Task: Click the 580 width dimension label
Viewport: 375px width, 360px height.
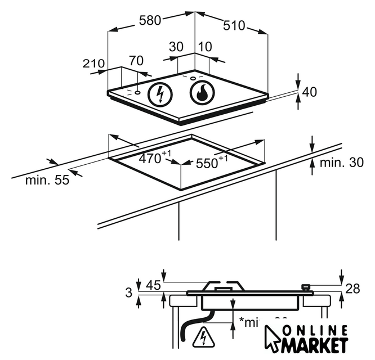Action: (150, 20)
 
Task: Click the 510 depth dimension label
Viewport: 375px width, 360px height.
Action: (234, 25)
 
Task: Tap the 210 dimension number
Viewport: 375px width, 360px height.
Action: (94, 64)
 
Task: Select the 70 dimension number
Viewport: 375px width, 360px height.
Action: (136, 60)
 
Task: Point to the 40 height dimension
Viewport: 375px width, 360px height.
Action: (310, 92)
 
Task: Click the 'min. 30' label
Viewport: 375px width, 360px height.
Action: (341, 163)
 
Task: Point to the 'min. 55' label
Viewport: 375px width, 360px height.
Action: (47, 181)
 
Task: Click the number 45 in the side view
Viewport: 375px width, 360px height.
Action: (153, 285)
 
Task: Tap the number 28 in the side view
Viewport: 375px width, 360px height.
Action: (352, 289)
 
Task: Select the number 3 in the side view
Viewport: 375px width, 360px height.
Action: (130, 292)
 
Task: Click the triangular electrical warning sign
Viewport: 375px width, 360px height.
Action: (200, 338)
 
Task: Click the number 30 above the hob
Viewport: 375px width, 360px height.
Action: (176, 47)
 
